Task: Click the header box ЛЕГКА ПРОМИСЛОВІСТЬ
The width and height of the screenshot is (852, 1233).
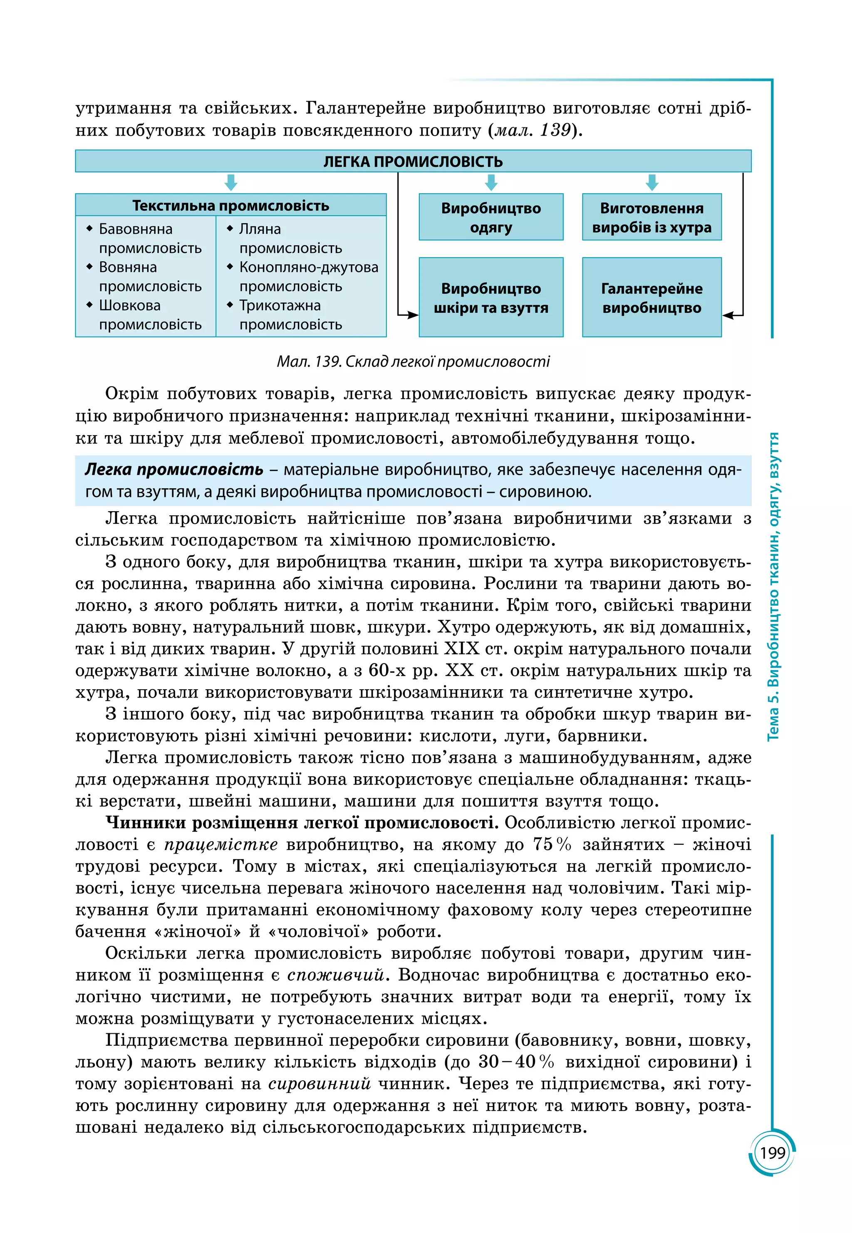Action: (x=413, y=161)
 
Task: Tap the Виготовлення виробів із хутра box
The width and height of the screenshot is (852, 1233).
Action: (x=651, y=217)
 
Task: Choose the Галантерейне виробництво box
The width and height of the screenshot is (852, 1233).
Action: (x=651, y=298)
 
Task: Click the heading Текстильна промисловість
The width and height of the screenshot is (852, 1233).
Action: (x=230, y=205)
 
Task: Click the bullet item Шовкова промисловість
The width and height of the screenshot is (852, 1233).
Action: (x=144, y=315)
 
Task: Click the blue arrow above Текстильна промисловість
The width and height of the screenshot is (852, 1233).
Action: (x=230, y=183)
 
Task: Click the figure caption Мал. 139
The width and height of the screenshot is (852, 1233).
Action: (x=413, y=362)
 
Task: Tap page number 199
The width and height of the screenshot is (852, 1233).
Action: (x=772, y=1153)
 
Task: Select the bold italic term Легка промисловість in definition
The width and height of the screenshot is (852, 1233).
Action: (x=174, y=470)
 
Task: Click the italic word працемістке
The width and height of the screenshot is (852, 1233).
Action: (x=220, y=844)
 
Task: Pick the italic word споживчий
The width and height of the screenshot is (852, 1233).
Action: (x=335, y=975)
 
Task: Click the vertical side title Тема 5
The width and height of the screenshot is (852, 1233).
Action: (x=773, y=587)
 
